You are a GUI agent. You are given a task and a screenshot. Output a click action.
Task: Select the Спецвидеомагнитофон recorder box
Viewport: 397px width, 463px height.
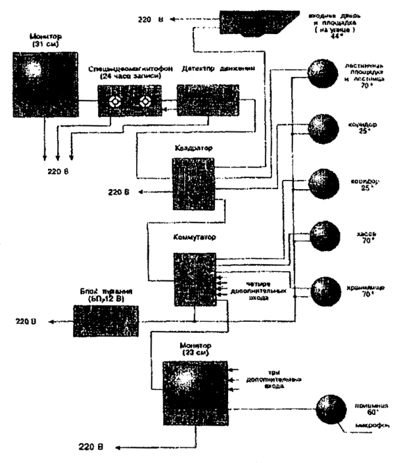(x=129, y=102)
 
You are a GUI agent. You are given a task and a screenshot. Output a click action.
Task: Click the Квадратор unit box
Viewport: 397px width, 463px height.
(x=193, y=180)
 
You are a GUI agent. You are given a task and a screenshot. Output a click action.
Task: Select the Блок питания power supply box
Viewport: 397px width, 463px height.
(x=105, y=321)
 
